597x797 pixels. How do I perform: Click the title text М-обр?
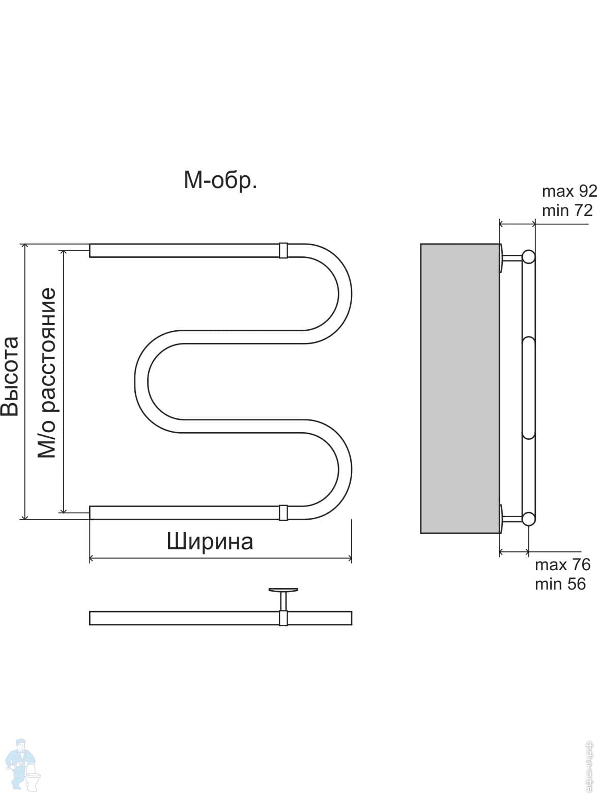(220, 180)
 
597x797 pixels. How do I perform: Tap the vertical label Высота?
(10, 376)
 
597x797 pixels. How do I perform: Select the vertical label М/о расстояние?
(47, 373)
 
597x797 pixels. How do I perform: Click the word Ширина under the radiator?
(210, 542)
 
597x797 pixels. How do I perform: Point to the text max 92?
(569, 192)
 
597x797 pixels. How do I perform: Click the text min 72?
(567, 210)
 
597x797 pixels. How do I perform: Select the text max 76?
(562, 565)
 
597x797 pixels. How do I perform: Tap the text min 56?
(560, 584)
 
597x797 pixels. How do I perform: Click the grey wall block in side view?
(460, 388)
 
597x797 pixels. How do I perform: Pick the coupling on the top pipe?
(283, 251)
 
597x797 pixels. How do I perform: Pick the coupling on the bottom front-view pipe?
(283, 513)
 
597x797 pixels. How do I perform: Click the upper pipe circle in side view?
(529, 257)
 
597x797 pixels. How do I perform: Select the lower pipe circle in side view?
(529, 519)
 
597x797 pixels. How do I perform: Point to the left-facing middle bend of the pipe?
(141, 382)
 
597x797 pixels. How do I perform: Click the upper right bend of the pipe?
(345, 294)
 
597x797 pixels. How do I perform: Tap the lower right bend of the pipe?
(345, 469)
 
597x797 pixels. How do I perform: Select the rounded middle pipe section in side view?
(529, 388)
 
